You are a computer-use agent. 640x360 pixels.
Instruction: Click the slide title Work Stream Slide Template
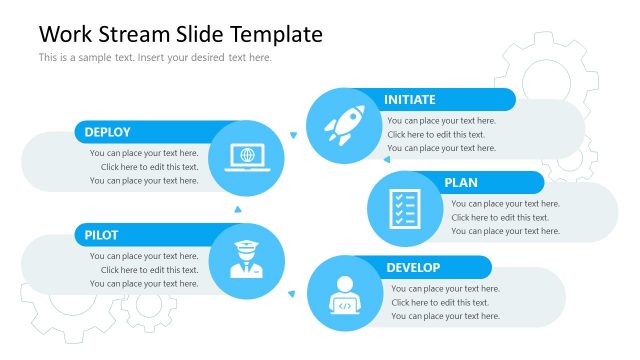180,34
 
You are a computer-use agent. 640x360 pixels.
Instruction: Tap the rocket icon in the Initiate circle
342,126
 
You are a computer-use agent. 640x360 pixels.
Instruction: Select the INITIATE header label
410,99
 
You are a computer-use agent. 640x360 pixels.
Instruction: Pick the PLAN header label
461,183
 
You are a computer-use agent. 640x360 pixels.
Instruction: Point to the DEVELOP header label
413,268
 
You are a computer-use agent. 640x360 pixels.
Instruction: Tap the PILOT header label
102,236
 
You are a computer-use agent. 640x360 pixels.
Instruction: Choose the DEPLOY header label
107,132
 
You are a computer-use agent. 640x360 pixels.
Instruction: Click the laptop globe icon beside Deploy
246,157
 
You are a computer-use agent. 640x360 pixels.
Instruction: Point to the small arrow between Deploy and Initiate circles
293,134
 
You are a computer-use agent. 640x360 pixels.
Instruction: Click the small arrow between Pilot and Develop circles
291,293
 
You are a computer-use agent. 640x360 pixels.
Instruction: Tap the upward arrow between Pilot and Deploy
237,209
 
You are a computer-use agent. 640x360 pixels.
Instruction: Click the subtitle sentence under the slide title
155,58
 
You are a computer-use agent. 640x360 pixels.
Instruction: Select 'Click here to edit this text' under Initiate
436,134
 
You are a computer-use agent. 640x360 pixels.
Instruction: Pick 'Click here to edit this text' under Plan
500,217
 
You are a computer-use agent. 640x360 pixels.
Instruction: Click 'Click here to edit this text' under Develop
440,302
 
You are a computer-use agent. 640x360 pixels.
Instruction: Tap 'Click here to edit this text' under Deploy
149,167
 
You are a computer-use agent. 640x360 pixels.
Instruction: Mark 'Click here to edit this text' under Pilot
149,270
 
